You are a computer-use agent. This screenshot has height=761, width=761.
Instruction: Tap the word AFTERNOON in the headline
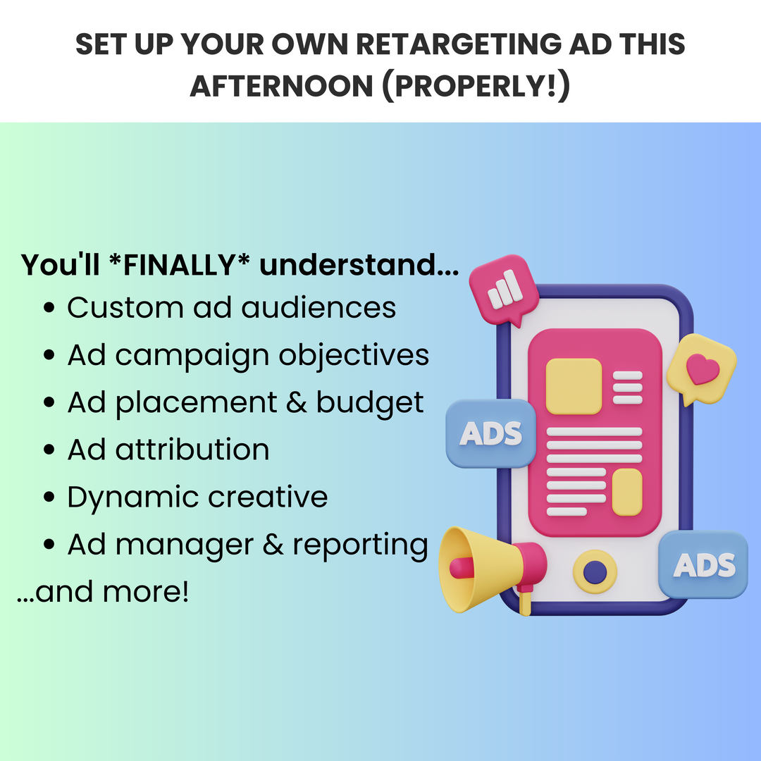coord(281,87)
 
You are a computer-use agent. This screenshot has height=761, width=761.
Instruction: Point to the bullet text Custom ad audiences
coord(232,307)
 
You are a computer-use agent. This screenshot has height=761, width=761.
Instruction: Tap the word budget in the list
coord(370,403)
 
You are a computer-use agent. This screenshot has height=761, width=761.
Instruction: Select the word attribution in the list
coord(192,450)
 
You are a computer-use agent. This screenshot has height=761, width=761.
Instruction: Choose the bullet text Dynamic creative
coord(197,497)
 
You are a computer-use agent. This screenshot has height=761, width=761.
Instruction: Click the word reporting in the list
coord(360,545)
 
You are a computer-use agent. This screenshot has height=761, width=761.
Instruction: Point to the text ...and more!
coord(103,592)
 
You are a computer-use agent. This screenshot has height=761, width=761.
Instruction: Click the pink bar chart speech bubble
coord(504,290)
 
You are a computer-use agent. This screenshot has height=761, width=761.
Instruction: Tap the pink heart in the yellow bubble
coord(703,369)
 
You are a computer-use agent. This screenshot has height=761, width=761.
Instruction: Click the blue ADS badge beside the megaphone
coord(490,433)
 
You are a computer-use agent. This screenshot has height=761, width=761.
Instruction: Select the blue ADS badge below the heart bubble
coord(703,564)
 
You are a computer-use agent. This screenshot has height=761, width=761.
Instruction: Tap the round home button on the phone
coord(595,571)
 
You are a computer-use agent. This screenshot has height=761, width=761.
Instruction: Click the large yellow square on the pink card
coord(574,386)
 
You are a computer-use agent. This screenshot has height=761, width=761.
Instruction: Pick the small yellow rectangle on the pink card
coord(627,492)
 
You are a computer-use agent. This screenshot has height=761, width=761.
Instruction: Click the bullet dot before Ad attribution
coord(49,450)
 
